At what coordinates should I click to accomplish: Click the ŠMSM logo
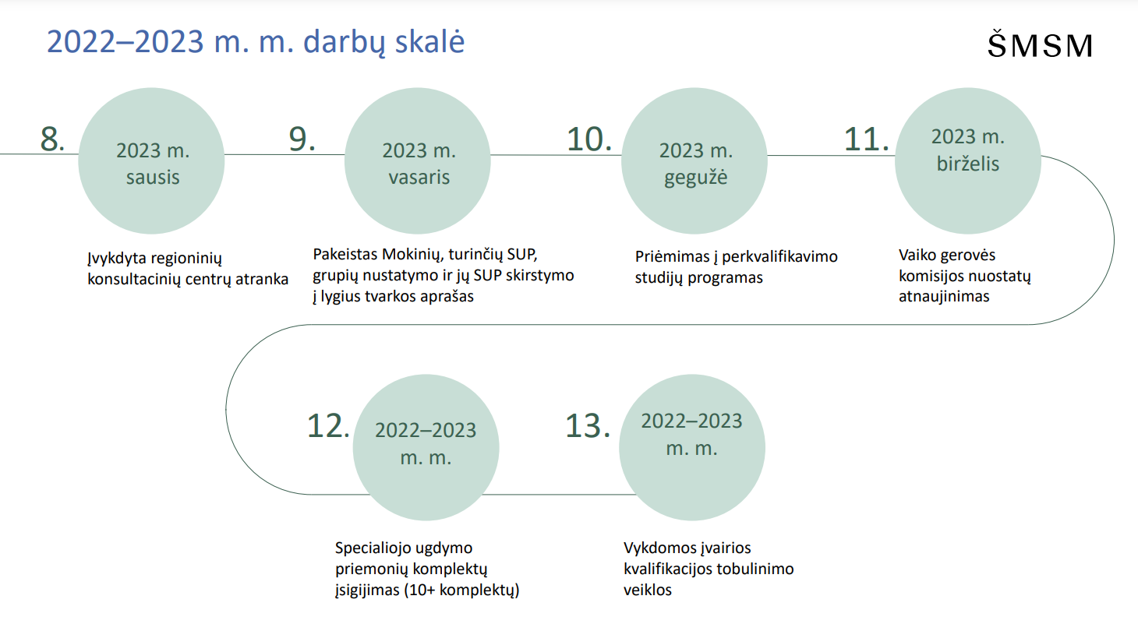[1040, 44]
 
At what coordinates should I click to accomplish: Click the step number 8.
[52, 139]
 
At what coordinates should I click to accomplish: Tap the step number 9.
[302, 139]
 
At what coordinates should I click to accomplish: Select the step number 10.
[588, 139]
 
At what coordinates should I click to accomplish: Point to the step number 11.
[866, 139]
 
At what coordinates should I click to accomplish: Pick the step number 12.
[328, 425]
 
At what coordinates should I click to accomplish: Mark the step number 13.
[587, 425]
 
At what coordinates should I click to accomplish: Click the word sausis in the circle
[153, 177]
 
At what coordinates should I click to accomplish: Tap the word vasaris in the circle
[419, 177]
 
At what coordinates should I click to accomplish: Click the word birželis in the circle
[968, 164]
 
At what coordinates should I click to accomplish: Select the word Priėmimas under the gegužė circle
[672, 256]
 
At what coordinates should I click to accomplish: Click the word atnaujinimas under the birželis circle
[944, 296]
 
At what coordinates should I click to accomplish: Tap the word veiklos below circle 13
[647, 590]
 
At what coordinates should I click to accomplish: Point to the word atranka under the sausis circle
[262, 279]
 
